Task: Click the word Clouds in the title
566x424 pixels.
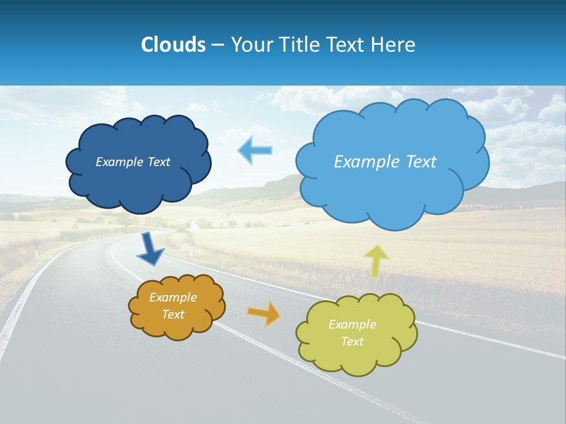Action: pos(173,45)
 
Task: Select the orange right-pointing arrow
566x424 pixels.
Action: pos(264,313)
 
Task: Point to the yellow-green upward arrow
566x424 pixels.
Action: pos(376,261)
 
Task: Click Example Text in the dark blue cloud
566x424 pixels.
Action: pos(133,162)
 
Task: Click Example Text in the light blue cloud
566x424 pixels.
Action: pos(385,162)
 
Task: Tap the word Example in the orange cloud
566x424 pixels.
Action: pos(173,297)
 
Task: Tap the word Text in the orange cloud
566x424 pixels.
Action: pos(173,314)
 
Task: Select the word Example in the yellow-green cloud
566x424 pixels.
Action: pos(352,324)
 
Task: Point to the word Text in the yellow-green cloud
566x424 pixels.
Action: pos(352,342)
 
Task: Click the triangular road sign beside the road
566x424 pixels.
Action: pos(75,226)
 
